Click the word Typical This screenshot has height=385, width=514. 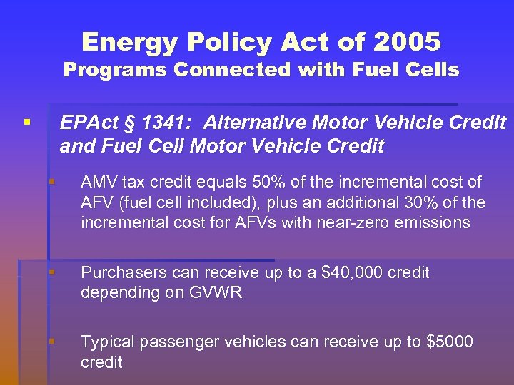pos(107,342)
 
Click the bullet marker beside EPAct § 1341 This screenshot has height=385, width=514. pos(26,123)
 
